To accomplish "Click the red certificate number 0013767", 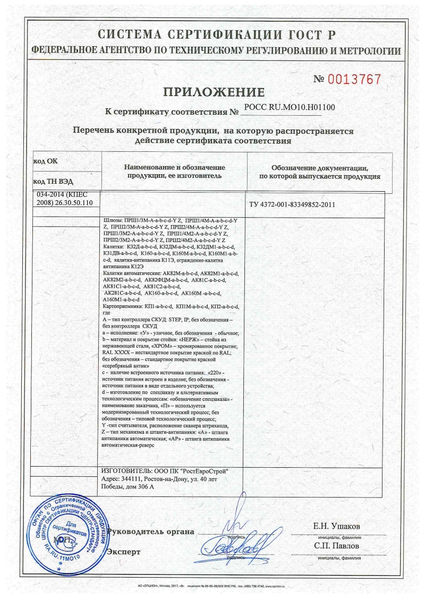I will [x=354, y=80].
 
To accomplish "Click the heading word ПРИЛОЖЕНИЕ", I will [x=212, y=92].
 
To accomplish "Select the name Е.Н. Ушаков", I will [x=337, y=526].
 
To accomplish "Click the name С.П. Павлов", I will [x=337, y=545].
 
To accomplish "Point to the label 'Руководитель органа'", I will [x=151, y=531].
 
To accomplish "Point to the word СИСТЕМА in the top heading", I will [x=128, y=35].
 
